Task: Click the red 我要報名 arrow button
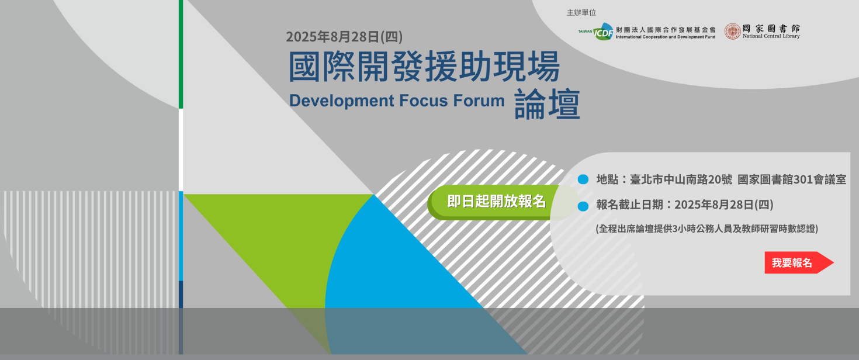click(x=798, y=262)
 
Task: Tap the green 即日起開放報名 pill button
click(x=497, y=202)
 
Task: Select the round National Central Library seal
click(x=732, y=31)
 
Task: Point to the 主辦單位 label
click(x=581, y=13)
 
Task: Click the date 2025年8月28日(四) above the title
click(x=344, y=37)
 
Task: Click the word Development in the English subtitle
click(x=342, y=101)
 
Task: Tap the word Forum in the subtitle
click(x=479, y=101)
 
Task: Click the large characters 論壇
click(x=547, y=104)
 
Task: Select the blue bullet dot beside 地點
click(x=583, y=179)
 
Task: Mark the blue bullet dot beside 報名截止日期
click(x=583, y=206)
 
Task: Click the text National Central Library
click(x=771, y=36)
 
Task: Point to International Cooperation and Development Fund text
click(x=666, y=37)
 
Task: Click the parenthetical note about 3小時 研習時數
click(x=706, y=229)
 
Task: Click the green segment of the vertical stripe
click(x=181, y=54)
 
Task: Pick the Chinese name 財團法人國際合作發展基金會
click(x=666, y=30)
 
